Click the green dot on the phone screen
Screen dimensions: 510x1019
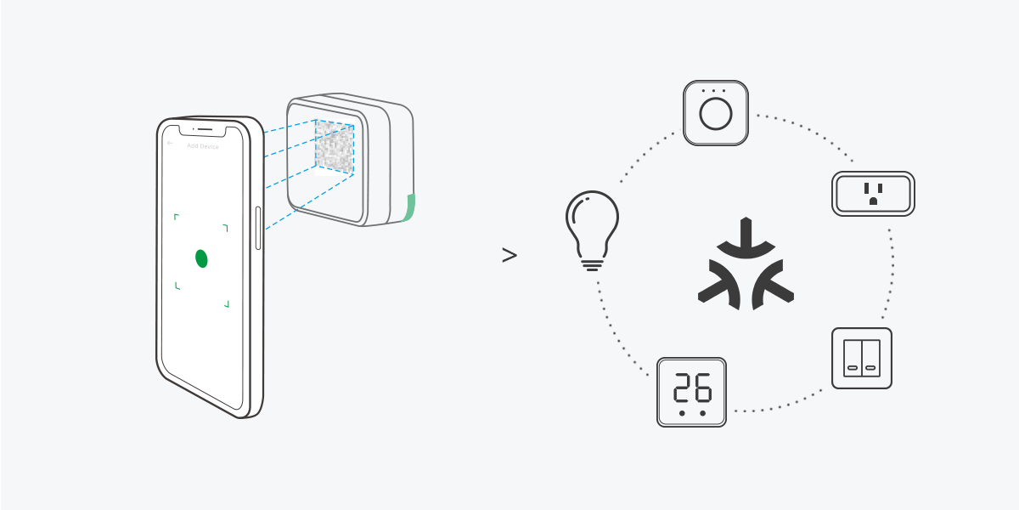(x=201, y=258)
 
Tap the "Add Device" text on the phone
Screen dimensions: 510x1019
(x=203, y=146)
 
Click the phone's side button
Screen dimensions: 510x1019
(x=258, y=227)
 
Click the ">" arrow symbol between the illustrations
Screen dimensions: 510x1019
(x=509, y=255)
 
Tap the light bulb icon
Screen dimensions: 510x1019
(x=592, y=225)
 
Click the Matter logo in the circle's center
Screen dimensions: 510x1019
(x=746, y=264)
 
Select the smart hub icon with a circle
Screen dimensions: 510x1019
(x=716, y=113)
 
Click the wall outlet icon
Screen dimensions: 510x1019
(x=873, y=193)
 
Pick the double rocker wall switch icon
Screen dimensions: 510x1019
(x=862, y=358)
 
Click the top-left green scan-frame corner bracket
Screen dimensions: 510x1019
(x=176, y=216)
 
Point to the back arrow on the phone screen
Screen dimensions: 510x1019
(x=171, y=144)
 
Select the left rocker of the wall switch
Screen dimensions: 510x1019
(x=853, y=358)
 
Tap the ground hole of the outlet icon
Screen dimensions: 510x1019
(x=873, y=201)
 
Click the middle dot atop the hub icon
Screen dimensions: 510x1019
(x=716, y=90)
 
